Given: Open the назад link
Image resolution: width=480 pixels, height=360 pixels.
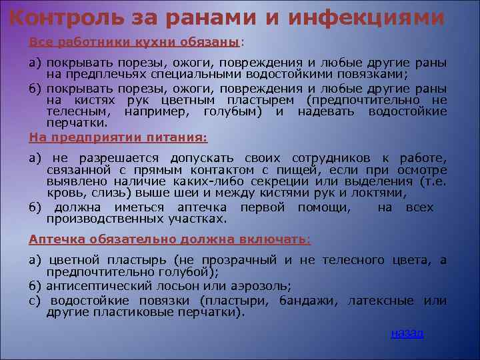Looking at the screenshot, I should [407, 333].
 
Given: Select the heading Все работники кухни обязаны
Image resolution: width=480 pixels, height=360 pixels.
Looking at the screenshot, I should [134, 42].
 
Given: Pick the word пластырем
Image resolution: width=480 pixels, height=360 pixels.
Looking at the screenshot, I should [263, 100].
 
